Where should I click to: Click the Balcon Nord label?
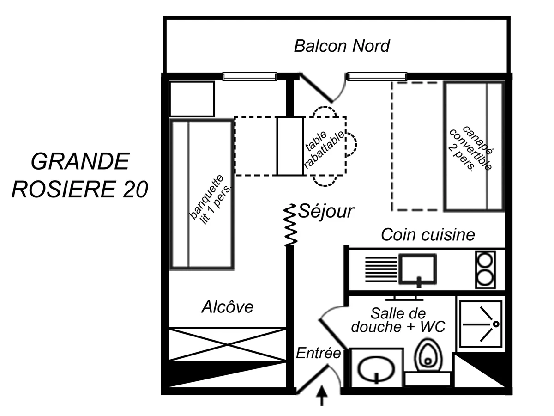click(x=342, y=46)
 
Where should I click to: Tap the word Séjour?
click(x=326, y=212)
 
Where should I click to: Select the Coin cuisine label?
click(x=428, y=235)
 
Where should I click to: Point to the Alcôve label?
click(x=228, y=307)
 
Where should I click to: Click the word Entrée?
click(x=318, y=354)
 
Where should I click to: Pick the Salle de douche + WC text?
click(x=398, y=320)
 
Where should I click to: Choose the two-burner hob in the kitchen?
click(x=485, y=269)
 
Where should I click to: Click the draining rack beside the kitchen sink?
click(x=377, y=269)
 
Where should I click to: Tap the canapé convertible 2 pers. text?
click(x=469, y=149)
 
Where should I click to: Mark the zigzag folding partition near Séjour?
click(x=290, y=225)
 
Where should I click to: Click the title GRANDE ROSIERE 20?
click(x=80, y=175)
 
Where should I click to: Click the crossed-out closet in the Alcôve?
click(x=228, y=344)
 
